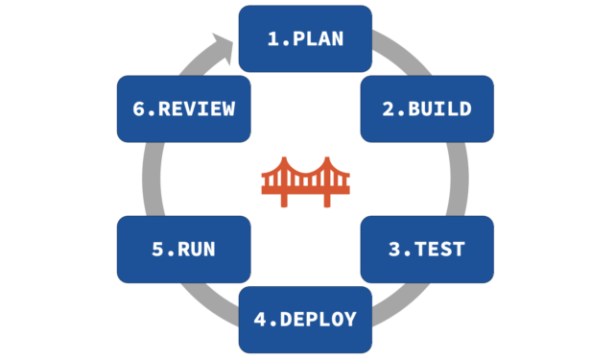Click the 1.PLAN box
point(305,38)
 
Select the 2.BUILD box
point(427,108)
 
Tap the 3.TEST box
point(427,250)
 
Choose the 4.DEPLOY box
point(305,319)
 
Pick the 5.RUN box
point(183,250)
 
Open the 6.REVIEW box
point(183,108)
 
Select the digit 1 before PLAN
point(272,38)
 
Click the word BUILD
point(439,108)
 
